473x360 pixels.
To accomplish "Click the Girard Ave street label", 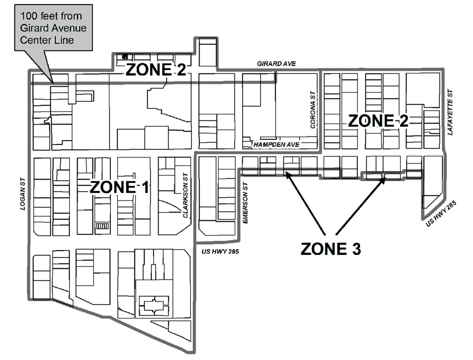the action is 276,64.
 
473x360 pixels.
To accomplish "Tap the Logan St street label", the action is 23,194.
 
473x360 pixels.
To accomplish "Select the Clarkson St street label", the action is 185,196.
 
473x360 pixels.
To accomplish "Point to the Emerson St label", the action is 245,203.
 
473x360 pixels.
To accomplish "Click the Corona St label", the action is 313,110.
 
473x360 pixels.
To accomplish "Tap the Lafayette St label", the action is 450,112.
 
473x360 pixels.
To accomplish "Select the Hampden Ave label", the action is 276,145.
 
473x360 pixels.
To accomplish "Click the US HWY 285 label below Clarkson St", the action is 220,251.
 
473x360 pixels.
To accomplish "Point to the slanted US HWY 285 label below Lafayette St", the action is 441,214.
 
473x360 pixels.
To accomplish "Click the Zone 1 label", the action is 119,187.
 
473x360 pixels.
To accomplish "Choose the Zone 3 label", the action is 331,249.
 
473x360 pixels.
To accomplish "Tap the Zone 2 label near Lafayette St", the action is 378,121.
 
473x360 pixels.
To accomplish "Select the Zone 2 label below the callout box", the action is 156,70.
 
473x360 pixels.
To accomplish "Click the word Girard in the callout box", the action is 33,28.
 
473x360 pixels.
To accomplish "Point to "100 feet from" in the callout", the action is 51,16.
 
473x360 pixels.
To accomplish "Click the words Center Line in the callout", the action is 47,40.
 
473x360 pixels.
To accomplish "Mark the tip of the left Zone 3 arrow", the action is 286,172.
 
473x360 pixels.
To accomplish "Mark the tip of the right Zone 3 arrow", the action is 385,178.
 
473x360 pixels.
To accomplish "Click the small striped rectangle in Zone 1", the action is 102,226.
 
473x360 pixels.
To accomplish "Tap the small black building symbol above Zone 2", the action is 125,56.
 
